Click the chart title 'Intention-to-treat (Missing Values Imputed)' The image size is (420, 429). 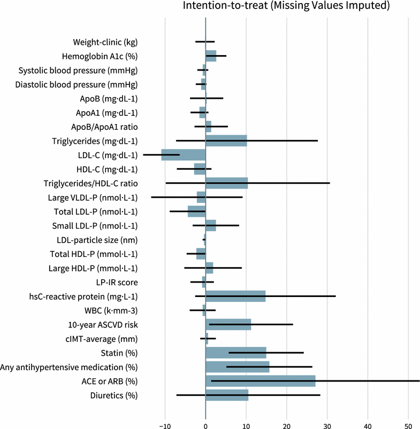[286, 6]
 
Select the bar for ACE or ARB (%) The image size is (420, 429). [261, 381]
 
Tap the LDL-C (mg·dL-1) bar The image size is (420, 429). [184, 155]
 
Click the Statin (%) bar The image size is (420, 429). [236, 353]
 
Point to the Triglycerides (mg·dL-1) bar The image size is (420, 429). [226, 141]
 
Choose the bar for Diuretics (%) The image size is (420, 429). [227, 395]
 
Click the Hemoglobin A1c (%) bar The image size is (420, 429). [211, 56]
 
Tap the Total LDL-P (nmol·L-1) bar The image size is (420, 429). [196, 212]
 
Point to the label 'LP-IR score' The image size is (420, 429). [117, 282]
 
